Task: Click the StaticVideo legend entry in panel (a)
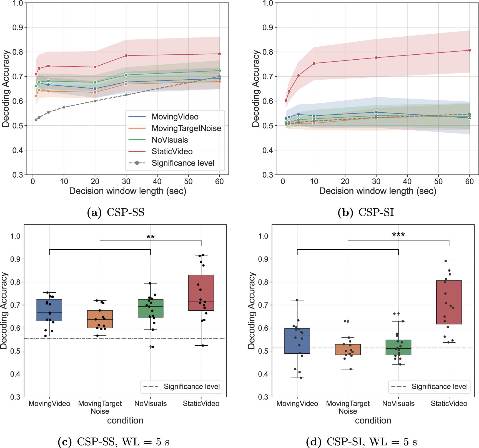tap(172, 151)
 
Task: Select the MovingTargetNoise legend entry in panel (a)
tap(186, 128)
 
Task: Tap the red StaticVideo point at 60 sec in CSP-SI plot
tap(470, 50)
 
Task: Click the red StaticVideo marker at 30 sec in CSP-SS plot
tap(126, 55)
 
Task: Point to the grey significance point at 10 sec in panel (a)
tap(64, 107)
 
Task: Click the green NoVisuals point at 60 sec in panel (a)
tap(219, 70)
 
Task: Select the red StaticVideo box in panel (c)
tap(201, 292)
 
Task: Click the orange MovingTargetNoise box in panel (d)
tap(348, 350)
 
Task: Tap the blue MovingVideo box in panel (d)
tap(297, 341)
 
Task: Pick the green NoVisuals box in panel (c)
tap(151, 308)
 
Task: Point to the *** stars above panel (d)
tap(398, 235)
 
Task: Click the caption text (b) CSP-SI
tap(366, 212)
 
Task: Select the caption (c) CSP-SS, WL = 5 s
tap(114, 441)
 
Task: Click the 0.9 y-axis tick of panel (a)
tap(18, 27)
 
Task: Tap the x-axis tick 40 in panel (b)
tap(407, 181)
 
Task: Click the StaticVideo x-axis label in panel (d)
tap(449, 403)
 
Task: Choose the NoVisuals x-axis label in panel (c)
tap(151, 403)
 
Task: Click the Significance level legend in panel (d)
tap(430, 386)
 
